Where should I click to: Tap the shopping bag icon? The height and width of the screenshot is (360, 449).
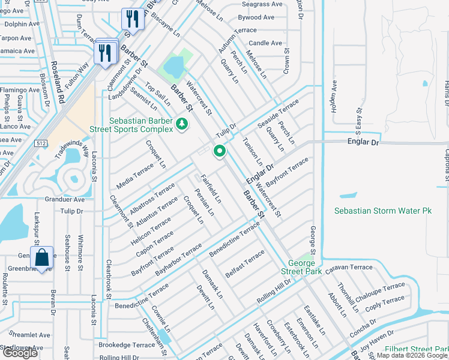(x=41, y=258)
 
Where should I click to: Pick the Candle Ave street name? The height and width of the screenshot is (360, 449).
(x=265, y=43)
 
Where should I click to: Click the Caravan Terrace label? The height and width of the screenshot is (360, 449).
(x=349, y=268)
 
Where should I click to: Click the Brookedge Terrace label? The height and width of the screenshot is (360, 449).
(x=127, y=345)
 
